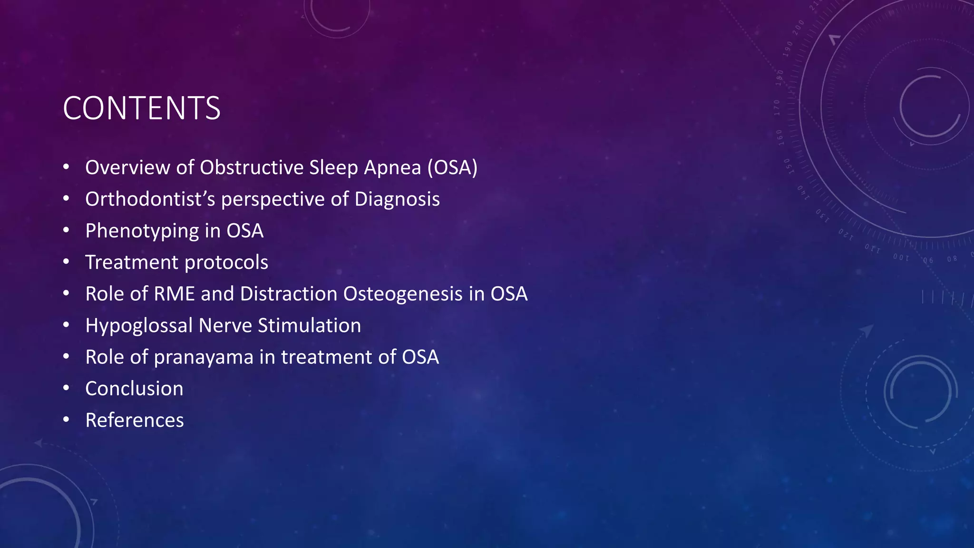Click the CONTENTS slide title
click(141, 108)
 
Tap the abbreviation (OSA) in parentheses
click(452, 167)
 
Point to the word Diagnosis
click(397, 199)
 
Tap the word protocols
click(226, 263)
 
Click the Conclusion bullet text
click(134, 389)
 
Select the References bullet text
click(134, 420)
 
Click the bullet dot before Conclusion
click(66, 388)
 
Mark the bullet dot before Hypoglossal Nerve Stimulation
click(66, 325)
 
